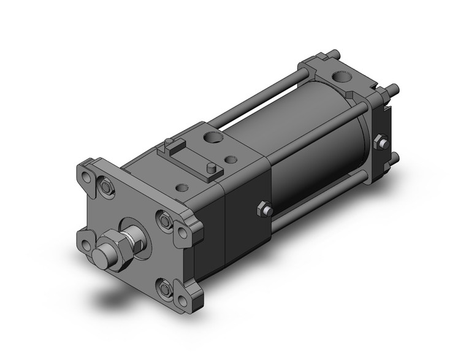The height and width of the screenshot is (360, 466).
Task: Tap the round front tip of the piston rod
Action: (x=105, y=256)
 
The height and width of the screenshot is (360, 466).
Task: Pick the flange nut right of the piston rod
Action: (x=164, y=220)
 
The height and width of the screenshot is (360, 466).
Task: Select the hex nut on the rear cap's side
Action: (x=383, y=143)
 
